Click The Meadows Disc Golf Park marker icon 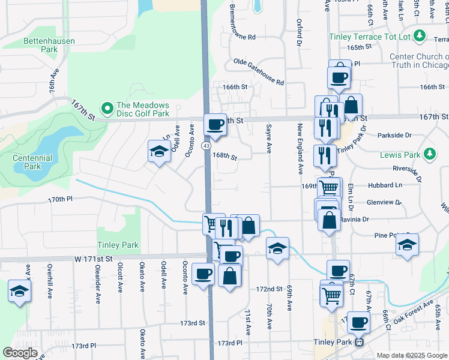coord(107,109)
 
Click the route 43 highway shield coord(206,146)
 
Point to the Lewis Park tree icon coord(429,154)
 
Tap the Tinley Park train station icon coord(359,343)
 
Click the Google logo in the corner coord(20,353)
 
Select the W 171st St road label coord(94,259)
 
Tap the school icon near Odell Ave coord(158,151)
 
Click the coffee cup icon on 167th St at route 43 coord(215,125)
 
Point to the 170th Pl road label coord(60,199)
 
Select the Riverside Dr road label coord(406,170)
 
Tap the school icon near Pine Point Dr coord(407,245)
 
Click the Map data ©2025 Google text coord(411,355)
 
